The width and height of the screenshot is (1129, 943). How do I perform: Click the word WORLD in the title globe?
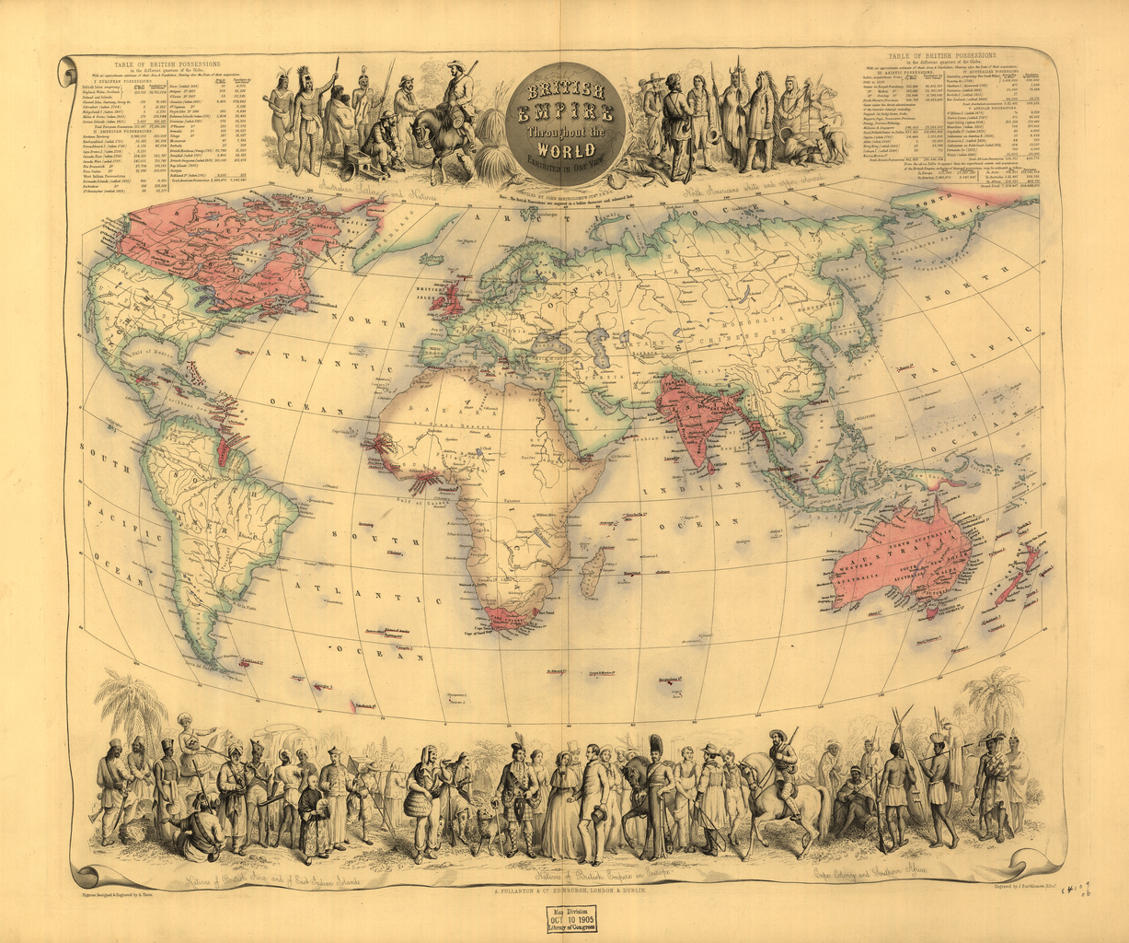(x=561, y=150)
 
